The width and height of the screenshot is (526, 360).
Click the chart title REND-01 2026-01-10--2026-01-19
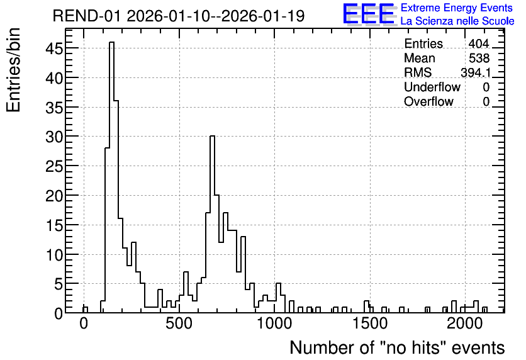179,16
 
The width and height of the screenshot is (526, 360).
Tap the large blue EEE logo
369,14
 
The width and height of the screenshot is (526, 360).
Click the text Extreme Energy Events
457,8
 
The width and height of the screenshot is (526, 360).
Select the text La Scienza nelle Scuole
457,21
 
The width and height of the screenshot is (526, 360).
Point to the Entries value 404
479,43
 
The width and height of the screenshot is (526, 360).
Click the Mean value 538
479,58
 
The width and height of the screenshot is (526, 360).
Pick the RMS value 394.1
475,72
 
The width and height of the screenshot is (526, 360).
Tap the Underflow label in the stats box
432,87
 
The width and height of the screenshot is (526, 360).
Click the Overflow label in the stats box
428,101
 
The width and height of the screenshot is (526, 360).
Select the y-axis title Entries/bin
13,70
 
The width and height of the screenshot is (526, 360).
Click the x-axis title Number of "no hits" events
397,347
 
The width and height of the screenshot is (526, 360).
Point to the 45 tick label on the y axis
54,48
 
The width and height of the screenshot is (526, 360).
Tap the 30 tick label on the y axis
54,137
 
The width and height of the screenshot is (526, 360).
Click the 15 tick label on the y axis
54,225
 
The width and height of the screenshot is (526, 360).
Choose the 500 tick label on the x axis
179,324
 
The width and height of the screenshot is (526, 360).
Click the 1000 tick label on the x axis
274,324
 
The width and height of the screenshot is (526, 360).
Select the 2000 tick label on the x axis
465,324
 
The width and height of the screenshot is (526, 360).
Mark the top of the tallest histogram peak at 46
112,42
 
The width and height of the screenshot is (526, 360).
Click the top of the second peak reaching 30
212,136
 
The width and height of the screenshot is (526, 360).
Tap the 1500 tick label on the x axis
370,324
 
